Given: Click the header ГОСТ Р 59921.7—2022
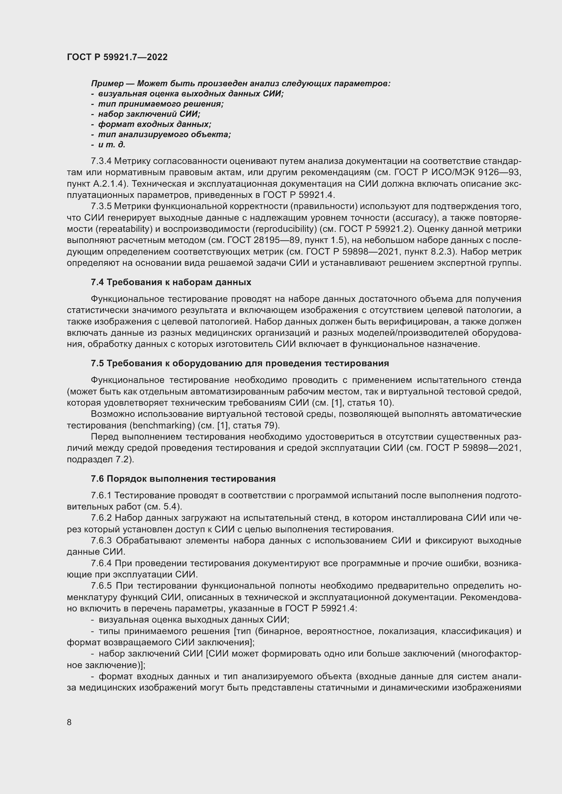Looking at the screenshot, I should [x=117, y=57].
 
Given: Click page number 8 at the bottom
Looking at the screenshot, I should [x=69, y=722].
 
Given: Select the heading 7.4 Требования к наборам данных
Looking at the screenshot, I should [x=171, y=282].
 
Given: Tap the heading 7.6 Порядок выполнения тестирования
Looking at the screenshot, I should [x=183, y=479].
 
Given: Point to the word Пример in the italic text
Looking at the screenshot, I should [x=107, y=84].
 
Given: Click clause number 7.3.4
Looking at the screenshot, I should [x=101, y=161].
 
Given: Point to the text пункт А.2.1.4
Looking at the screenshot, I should [x=93, y=184].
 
